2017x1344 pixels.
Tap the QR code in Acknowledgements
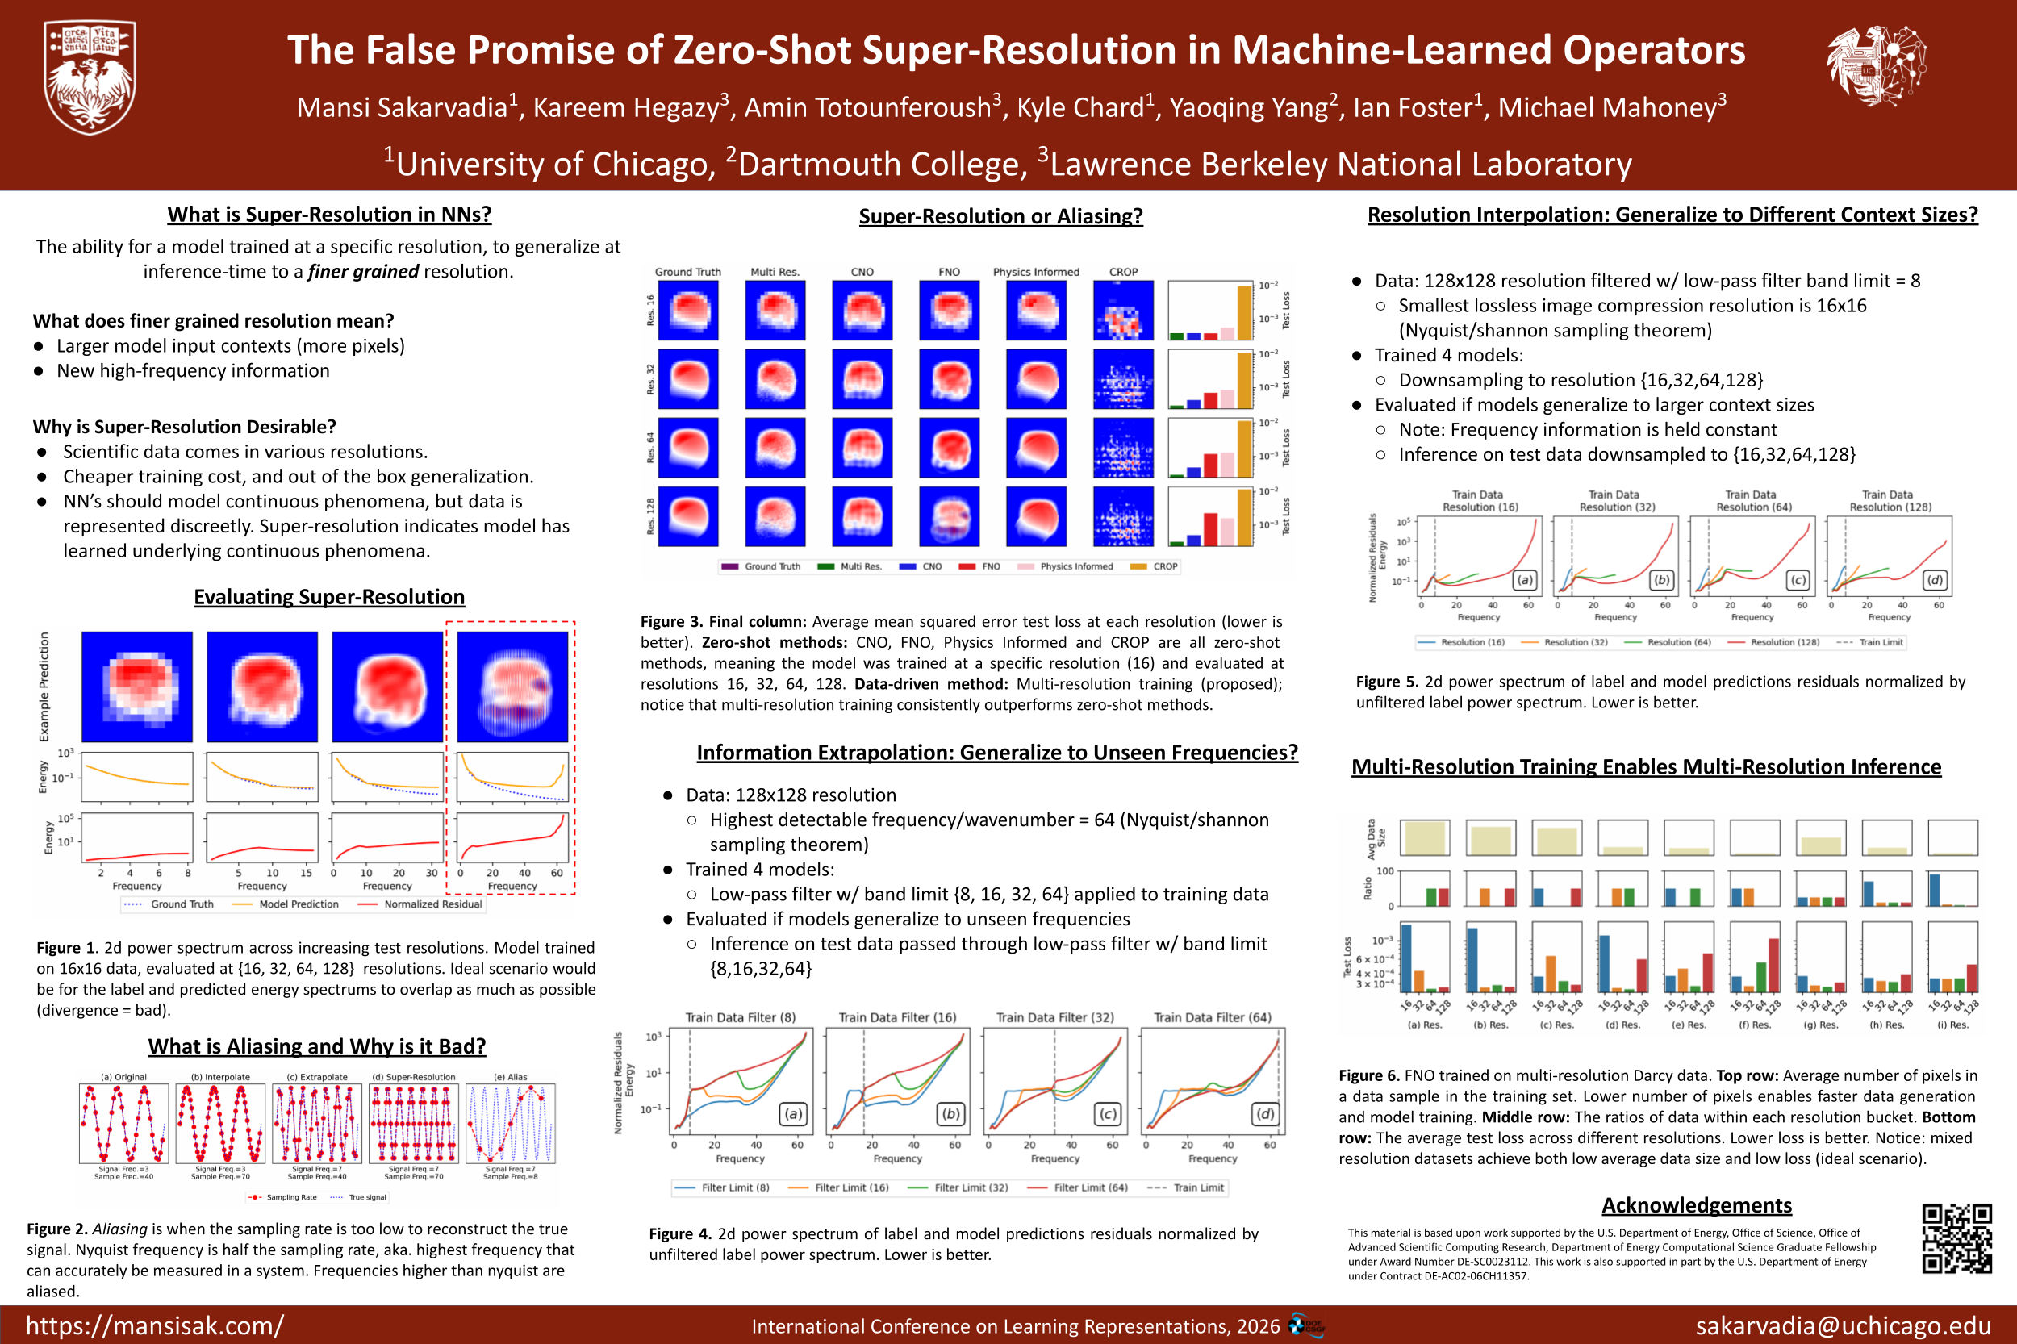(x=1956, y=1238)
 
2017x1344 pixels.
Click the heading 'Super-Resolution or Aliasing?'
(x=1000, y=216)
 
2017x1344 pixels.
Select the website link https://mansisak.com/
(x=154, y=1325)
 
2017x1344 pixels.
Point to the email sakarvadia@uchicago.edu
(x=1843, y=1325)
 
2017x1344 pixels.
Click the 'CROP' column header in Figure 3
(x=1123, y=272)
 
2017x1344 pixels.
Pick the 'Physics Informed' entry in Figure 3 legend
(x=1075, y=566)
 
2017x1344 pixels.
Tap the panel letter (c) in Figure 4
(x=1108, y=1113)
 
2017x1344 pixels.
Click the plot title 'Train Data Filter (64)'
(x=1212, y=1017)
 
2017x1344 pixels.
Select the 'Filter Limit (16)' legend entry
(x=850, y=1188)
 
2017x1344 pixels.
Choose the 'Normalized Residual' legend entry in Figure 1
(x=433, y=904)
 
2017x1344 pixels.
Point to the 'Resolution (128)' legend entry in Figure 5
(x=1784, y=642)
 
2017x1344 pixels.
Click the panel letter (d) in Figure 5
(x=1935, y=580)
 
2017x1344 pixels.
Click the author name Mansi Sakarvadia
(x=402, y=108)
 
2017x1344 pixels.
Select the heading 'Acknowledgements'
(x=1697, y=1205)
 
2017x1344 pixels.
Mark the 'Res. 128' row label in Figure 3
(x=650, y=516)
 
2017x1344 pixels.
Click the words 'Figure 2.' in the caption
(x=56, y=1229)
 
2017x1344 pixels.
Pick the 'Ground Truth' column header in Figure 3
(x=687, y=272)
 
